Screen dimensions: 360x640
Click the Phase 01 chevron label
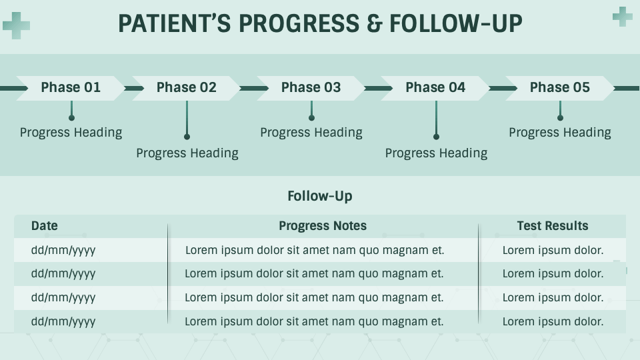(x=71, y=87)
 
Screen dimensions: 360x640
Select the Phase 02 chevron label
(x=187, y=87)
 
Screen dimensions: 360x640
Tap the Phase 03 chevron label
(x=311, y=87)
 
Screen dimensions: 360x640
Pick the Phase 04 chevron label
(x=435, y=87)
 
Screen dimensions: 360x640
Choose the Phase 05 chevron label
(x=559, y=87)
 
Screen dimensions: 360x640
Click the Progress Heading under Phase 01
(x=71, y=132)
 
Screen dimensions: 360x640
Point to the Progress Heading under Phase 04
(x=436, y=153)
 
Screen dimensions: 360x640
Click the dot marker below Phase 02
(x=187, y=137)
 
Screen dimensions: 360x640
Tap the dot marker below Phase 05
(x=560, y=118)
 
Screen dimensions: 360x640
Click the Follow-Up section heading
(x=320, y=196)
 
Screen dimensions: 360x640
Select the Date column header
(x=45, y=226)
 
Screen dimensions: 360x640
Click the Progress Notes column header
(x=323, y=226)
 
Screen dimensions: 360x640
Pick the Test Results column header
(x=553, y=226)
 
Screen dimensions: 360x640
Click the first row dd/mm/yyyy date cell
(x=63, y=251)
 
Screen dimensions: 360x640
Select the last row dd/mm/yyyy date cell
(x=63, y=321)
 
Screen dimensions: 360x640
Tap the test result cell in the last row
(x=553, y=321)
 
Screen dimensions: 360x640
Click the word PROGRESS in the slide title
(x=297, y=24)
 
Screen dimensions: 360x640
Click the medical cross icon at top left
(x=16, y=25)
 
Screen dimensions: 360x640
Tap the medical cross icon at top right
(x=622, y=16)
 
